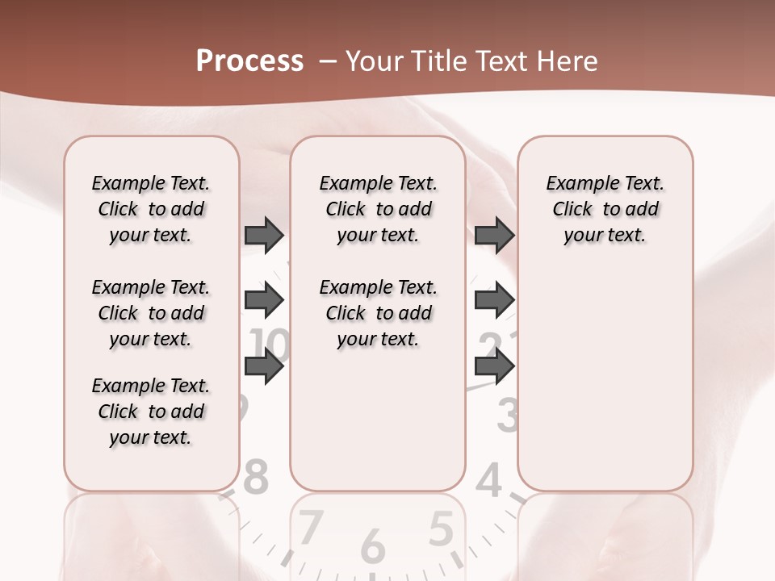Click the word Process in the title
[x=249, y=61]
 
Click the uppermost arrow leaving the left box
[x=264, y=235]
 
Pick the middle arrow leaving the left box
[x=264, y=301]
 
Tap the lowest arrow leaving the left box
[x=264, y=366]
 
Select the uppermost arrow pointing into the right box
[x=494, y=235]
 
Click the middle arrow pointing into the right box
[x=494, y=301]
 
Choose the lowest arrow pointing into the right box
[x=494, y=366]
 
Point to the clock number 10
[x=271, y=345]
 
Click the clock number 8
[x=254, y=478]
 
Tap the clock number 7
[x=311, y=529]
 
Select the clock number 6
[x=372, y=546]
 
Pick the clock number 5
[x=440, y=529]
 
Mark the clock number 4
[x=489, y=481]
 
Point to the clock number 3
[x=506, y=415]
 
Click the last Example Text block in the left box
[x=150, y=412]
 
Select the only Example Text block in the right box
[x=605, y=209]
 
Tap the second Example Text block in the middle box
[x=378, y=313]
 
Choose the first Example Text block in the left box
[x=150, y=209]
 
